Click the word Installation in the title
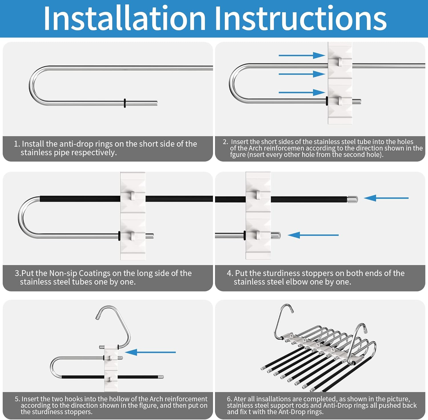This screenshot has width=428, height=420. pyautogui.click(x=124, y=18)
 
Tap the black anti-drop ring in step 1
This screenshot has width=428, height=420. pyautogui.click(x=125, y=103)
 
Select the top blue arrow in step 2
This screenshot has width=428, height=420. pyautogui.click(x=302, y=55)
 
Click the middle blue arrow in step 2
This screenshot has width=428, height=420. pyautogui.click(x=302, y=74)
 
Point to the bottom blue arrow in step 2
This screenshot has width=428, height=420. pyautogui.click(x=302, y=93)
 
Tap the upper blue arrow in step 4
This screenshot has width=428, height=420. pyautogui.click(x=386, y=198)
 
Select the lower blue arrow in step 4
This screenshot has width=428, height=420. pyautogui.click(x=313, y=235)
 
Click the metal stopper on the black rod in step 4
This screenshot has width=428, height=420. pyautogui.click(x=352, y=199)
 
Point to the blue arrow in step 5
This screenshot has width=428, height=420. pyautogui.click(x=150, y=352)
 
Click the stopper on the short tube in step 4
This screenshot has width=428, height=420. pyautogui.click(x=276, y=235)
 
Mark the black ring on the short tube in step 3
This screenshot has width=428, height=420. pyautogui.click(x=119, y=236)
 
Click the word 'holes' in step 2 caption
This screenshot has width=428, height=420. pyautogui.click(x=405, y=142)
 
